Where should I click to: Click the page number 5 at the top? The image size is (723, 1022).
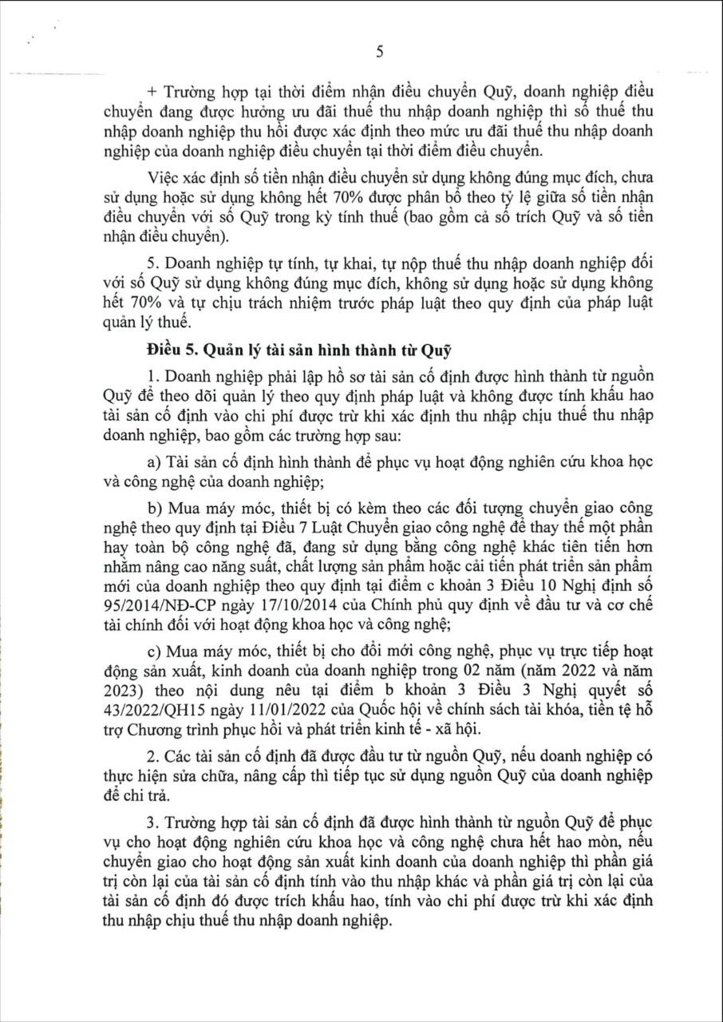point(379,52)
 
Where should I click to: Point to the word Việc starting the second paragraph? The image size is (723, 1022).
point(164,176)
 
